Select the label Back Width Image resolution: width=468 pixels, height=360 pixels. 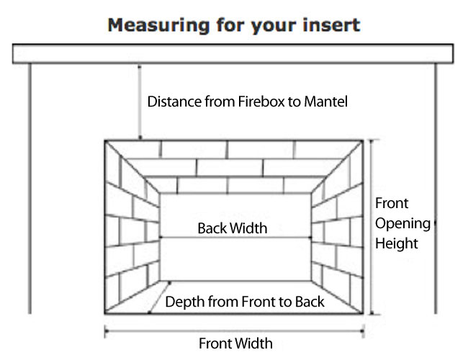[x=233, y=228]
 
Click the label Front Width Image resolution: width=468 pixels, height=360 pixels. [x=235, y=343]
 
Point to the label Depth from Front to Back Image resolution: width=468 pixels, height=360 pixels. [x=246, y=301]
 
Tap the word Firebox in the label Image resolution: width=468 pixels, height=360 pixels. [x=265, y=102]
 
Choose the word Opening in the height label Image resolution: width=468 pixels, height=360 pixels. [x=402, y=223]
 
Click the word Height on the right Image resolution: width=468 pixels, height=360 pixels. [x=397, y=243]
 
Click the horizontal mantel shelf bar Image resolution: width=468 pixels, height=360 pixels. [x=233, y=53]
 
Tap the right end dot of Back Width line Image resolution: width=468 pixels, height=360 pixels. [x=310, y=237]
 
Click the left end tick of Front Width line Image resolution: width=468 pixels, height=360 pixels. [x=106, y=331]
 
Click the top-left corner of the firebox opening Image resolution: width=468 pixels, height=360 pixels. [x=105, y=141]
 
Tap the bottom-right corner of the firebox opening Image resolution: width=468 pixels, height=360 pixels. [x=362, y=314]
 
